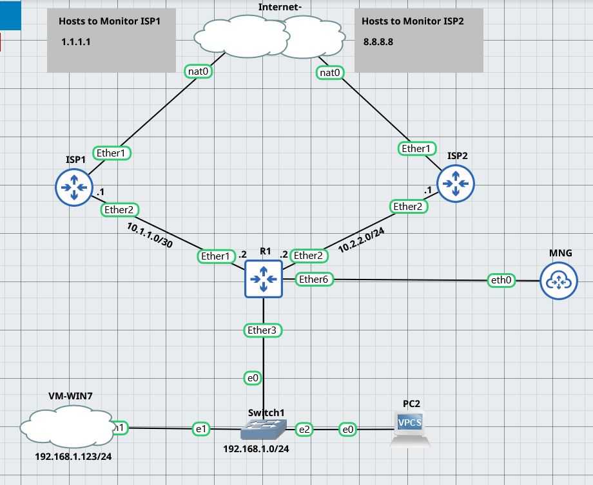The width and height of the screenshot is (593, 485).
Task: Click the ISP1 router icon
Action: click(73, 187)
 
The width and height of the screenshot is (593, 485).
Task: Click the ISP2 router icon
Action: click(456, 183)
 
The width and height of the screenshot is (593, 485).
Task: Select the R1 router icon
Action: click(263, 279)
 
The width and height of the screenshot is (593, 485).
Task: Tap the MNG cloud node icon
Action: click(559, 281)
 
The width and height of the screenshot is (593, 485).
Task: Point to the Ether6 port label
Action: click(314, 280)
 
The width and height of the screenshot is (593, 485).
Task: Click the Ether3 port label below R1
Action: click(262, 330)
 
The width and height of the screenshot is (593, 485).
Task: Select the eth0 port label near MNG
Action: click(503, 281)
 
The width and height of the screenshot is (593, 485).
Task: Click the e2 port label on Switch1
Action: click(303, 428)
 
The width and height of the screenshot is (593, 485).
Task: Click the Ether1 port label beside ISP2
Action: click(416, 149)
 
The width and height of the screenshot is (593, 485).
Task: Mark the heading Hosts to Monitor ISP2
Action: click(413, 21)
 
